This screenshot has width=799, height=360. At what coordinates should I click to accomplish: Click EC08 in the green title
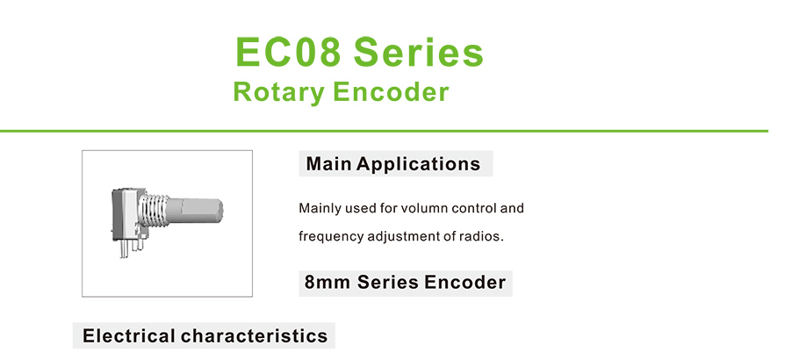[x=288, y=52]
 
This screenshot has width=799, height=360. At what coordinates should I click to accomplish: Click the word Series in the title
[x=419, y=52]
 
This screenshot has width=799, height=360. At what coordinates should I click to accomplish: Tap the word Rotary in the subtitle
[x=278, y=92]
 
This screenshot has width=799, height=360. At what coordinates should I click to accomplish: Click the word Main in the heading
[x=328, y=164]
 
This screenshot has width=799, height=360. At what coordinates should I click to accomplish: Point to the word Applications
[x=418, y=164]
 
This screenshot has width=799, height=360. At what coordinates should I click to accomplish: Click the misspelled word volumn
[x=426, y=209]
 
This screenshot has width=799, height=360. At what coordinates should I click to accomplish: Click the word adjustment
[x=386, y=237]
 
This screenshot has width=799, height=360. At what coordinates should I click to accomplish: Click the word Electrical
[x=128, y=336]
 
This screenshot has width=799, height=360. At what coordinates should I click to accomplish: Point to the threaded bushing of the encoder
[x=153, y=211]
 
